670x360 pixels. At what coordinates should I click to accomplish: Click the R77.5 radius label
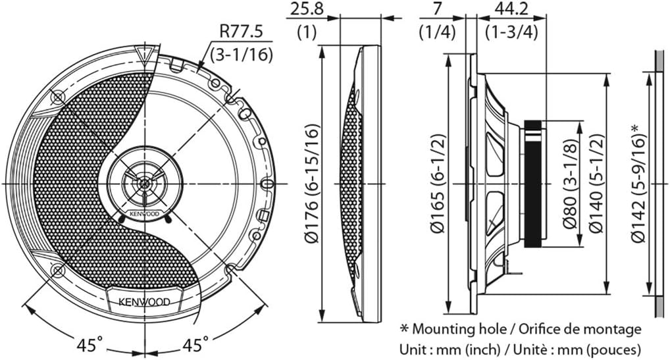242,32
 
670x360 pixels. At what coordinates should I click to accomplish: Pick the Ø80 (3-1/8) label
571,184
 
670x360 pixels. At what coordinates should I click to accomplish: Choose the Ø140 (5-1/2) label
596,184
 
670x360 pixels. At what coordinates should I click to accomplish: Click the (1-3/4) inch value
511,32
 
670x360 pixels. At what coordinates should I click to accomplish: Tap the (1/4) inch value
438,32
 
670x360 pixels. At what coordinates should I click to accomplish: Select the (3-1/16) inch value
242,54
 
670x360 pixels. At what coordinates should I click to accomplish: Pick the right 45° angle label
195,344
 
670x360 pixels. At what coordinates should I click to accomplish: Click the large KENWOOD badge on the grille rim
144,302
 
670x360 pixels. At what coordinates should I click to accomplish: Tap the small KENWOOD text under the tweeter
144,213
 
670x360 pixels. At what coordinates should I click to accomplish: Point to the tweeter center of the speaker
144,184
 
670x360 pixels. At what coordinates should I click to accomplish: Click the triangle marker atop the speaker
144,54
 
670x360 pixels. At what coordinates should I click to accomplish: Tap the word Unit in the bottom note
413,349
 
